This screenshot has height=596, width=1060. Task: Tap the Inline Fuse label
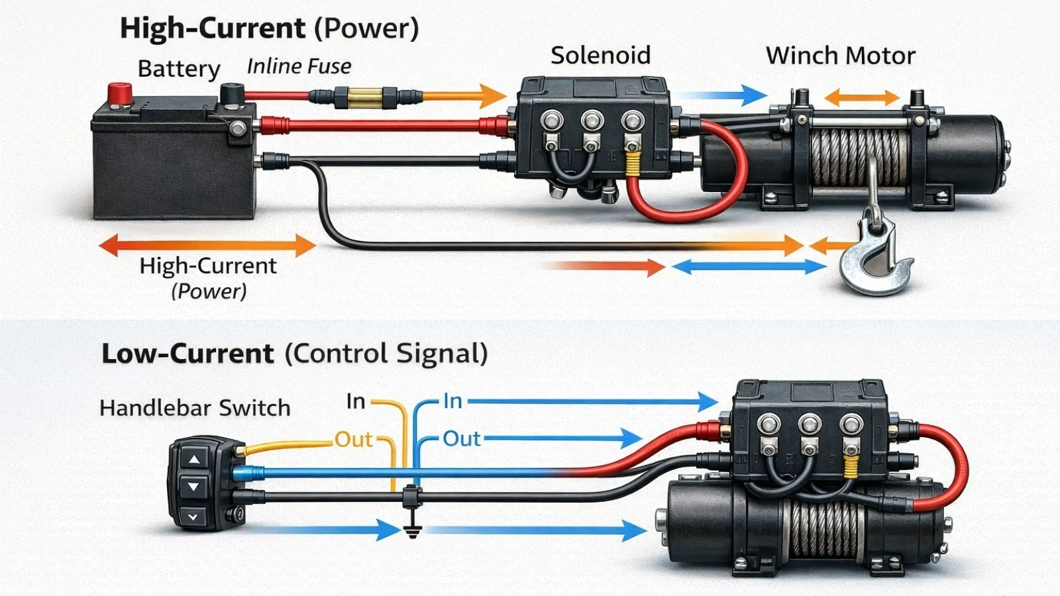tap(299, 66)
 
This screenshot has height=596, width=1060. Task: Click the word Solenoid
tap(600, 56)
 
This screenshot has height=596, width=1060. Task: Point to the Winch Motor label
tap(840, 56)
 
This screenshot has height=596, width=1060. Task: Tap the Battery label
tap(179, 69)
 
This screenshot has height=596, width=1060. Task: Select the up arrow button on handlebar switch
tap(194, 458)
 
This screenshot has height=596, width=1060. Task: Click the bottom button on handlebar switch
tap(193, 517)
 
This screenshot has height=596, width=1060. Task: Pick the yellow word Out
tap(353, 440)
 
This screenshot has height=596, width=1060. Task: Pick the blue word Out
tap(461, 439)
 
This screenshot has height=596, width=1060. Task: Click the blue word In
tap(452, 401)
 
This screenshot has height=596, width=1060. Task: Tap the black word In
tap(356, 401)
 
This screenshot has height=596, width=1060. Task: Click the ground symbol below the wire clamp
tap(412, 530)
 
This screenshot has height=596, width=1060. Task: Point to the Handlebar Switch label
tap(195, 408)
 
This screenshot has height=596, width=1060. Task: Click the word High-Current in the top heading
tap(212, 29)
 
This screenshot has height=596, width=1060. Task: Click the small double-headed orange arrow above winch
tap(861, 99)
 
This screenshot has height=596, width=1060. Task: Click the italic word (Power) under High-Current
tap(209, 291)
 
